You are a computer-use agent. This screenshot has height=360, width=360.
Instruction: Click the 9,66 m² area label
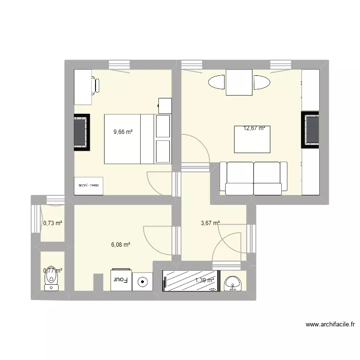click(123, 132)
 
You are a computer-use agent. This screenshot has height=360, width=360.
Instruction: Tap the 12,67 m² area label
click(254, 128)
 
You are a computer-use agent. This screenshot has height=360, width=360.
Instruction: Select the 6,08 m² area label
click(120, 245)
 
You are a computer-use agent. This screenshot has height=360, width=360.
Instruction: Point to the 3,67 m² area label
click(210, 223)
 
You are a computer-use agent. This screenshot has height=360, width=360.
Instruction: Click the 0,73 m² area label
click(53, 223)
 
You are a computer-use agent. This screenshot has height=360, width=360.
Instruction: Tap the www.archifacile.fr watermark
click(330, 325)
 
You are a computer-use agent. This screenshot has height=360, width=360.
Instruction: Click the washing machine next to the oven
click(143, 281)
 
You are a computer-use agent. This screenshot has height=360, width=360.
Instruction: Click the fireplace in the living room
click(310, 130)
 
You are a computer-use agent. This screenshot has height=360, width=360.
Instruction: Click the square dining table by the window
click(239, 83)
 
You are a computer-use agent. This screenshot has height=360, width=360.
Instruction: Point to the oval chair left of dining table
click(216, 83)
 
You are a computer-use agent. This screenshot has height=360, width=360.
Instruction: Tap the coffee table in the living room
click(252, 139)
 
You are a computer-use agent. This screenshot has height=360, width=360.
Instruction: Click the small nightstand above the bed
click(165, 105)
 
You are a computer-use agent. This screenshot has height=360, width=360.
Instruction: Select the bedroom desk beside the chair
click(82, 87)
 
